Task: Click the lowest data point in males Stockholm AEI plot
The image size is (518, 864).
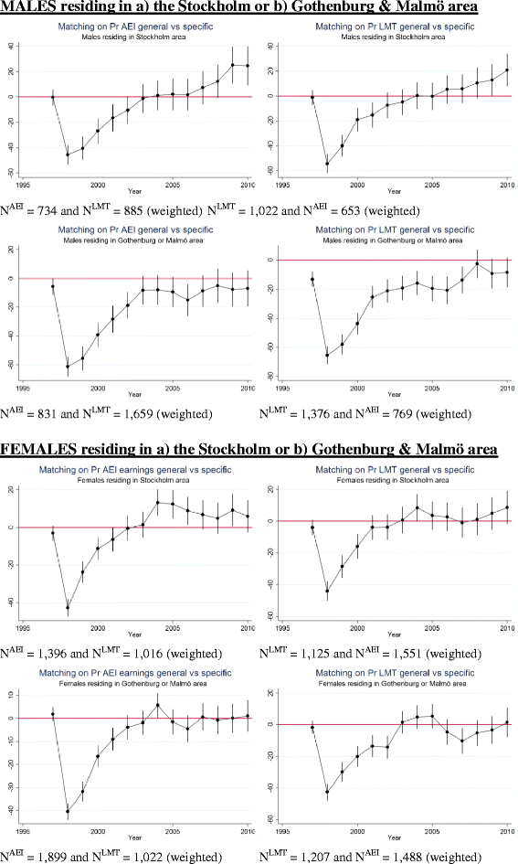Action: click(68, 155)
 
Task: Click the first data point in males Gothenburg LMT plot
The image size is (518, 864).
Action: click(312, 280)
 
